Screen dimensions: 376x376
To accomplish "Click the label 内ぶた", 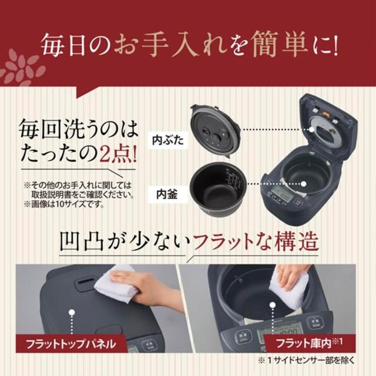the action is (168, 140).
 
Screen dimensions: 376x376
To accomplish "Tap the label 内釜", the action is (167, 194).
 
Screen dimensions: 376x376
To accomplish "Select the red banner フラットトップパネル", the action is (70, 344).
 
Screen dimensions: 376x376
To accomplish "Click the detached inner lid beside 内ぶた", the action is (215, 131).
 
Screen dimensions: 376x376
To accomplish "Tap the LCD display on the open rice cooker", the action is (282, 193).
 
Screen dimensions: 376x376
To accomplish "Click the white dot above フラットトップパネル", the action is (72, 312).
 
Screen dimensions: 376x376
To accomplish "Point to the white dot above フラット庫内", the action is (273, 305).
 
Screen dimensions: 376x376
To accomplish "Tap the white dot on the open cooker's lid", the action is (311, 129).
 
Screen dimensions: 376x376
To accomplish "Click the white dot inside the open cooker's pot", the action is (304, 184).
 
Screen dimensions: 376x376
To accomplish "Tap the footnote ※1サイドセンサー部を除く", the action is (306, 361).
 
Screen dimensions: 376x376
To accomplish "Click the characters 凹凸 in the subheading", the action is (82, 241).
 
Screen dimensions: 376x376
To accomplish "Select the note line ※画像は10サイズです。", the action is (64, 204).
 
